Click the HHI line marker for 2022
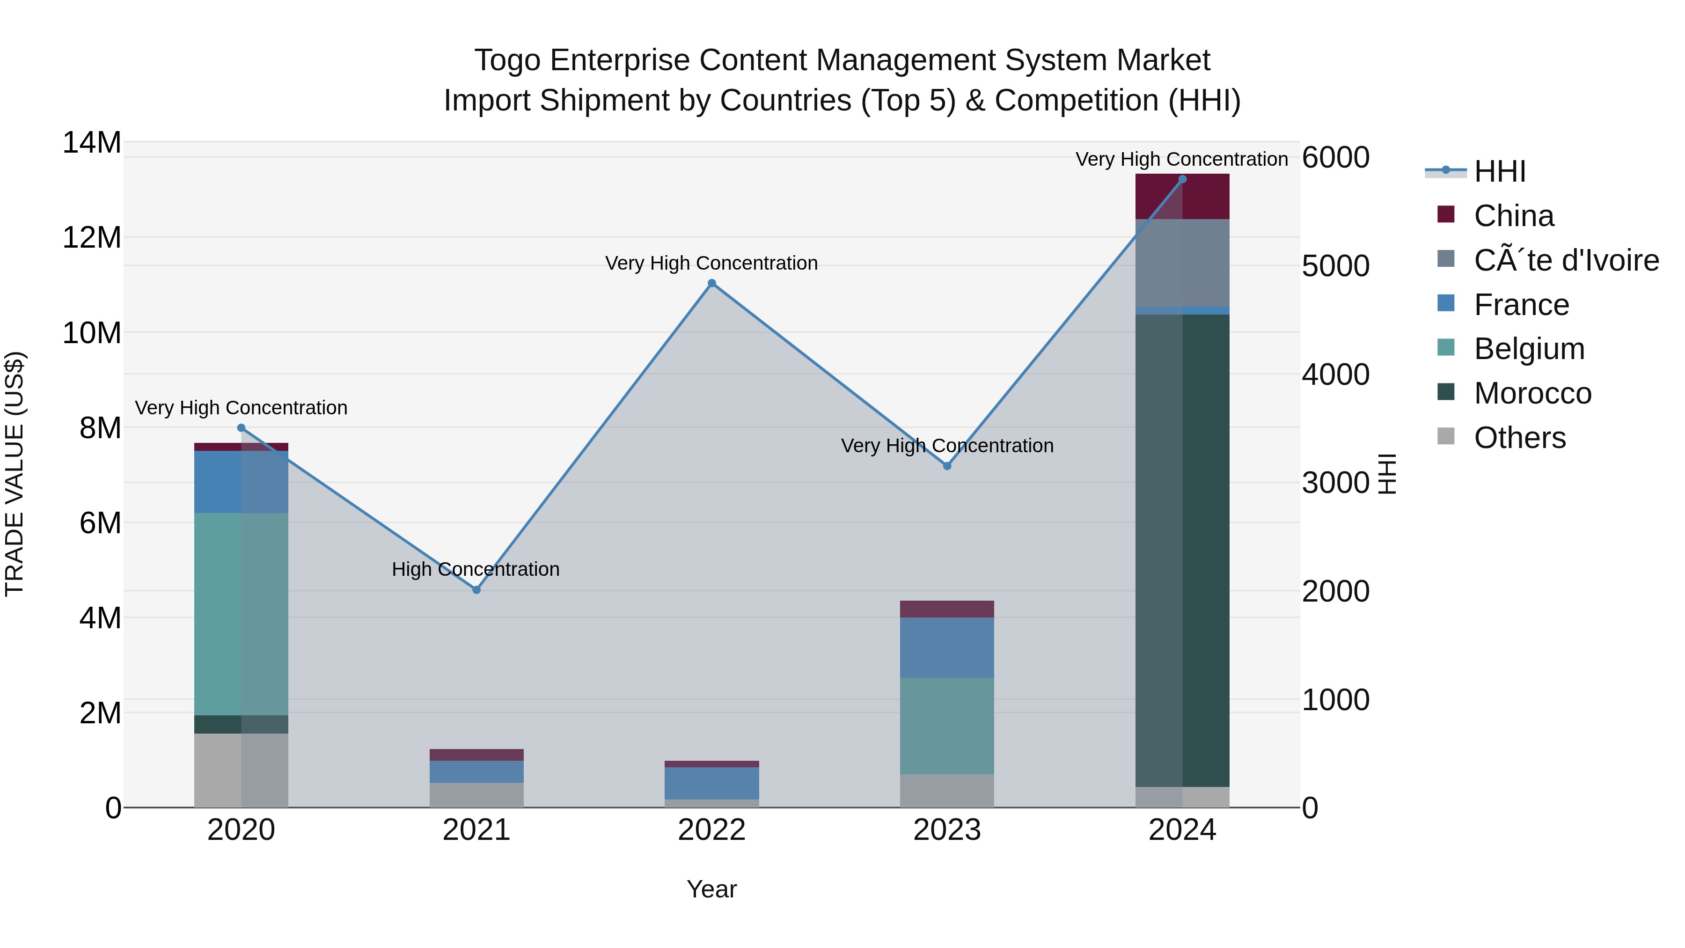point(711,283)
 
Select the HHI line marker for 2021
point(476,589)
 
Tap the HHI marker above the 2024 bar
point(1182,179)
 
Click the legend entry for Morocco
point(1532,393)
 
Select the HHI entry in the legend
point(1499,171)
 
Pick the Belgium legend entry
point(1529,349)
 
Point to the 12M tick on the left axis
point(92,237)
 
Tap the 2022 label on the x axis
point(711,830)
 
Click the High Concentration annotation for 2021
point(476,569)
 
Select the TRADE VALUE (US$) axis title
point(15,474)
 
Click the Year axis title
point(711,889)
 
